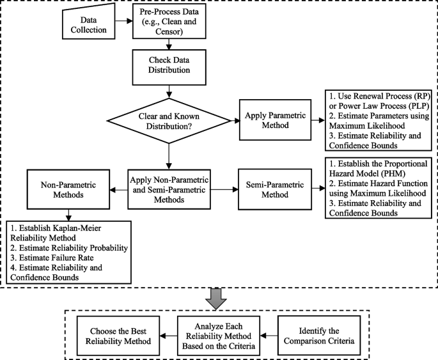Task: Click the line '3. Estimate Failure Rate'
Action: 50,258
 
